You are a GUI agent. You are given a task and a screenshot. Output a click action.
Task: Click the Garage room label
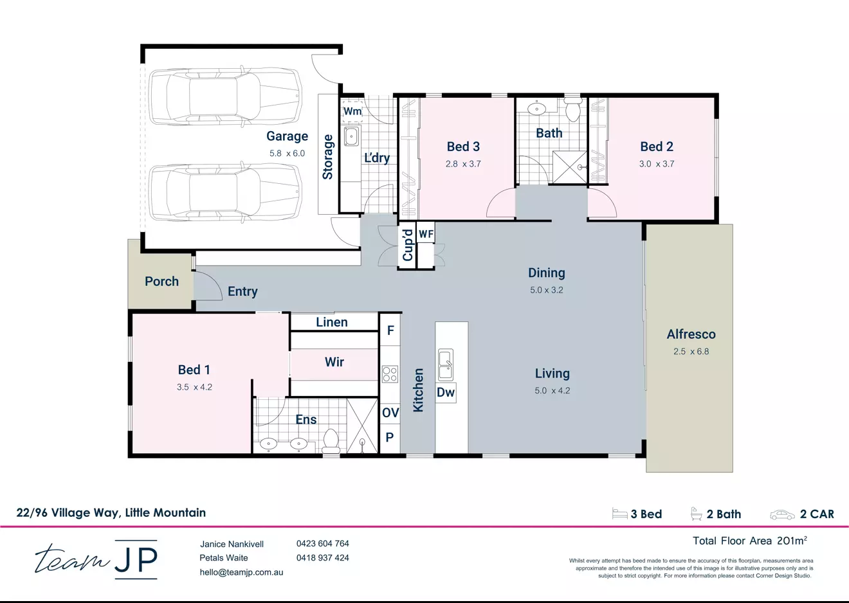point(287,136)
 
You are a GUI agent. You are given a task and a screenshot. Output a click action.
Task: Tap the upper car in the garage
point(225,96)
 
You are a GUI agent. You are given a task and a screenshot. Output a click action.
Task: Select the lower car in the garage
point(225,193)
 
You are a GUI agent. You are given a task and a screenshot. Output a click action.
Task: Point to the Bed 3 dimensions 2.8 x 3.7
point(463,164)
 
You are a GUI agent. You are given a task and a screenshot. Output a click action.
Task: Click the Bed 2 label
point(657,147)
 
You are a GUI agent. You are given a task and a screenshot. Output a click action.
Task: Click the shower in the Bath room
point(570,167)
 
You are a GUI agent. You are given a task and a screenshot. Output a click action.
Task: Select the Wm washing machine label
point(352,111)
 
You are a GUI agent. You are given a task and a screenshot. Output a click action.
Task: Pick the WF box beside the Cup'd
point(426,234)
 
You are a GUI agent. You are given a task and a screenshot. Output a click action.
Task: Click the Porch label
point(161,282)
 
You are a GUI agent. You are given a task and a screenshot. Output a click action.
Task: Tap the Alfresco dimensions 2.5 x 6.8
point(691,352)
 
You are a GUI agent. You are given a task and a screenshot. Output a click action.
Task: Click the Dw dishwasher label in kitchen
point(446,392)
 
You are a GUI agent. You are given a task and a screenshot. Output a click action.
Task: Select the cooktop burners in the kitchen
point(390,373)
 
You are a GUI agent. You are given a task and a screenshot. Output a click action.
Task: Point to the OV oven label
point(390,413)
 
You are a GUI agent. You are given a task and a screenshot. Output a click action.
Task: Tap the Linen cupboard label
point(332,322)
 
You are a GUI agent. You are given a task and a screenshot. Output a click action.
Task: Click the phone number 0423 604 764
point(322,544)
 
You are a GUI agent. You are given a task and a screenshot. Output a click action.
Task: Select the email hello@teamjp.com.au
point(241,572)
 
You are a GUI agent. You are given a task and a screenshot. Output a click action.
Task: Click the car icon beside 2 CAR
point(782,514)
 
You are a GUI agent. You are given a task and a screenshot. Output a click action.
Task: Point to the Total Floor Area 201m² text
point(749,541)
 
